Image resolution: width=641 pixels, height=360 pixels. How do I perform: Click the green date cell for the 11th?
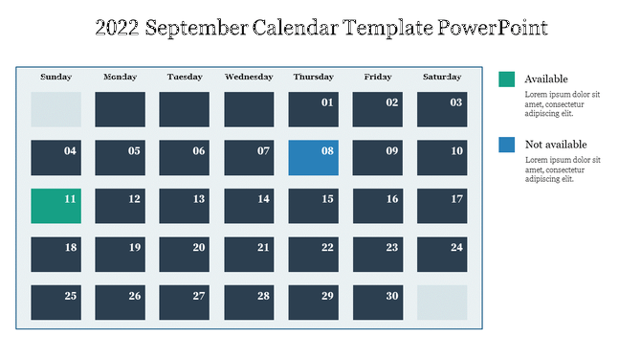(x=55, y=206)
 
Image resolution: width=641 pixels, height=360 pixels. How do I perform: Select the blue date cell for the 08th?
(x=313, y=158)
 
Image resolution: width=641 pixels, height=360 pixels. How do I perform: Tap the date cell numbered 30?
(x=377, y=303)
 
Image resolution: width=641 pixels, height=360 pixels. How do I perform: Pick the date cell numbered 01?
(x=313, y=109)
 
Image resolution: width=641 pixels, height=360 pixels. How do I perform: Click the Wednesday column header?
(x=249, y=77)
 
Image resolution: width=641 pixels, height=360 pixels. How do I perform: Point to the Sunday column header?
(x=55, y=77)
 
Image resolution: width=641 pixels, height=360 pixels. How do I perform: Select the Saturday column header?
(x=441, y=77)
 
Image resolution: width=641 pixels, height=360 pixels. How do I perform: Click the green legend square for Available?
(x=507, y=79)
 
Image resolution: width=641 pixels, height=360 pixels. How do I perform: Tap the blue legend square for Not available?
(x=507, y=145)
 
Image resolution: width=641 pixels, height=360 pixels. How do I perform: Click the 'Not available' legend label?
(x=556, y=145)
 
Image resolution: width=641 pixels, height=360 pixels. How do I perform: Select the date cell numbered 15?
(x=313, y=206)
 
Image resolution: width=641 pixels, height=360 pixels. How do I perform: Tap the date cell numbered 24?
(x=441, y=254)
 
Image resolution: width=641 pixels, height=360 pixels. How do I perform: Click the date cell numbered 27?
(x=184, y=303)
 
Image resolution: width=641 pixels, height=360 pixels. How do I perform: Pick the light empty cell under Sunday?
(x=55, y=109)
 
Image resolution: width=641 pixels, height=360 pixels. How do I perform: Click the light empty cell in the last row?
(x=441, y=303)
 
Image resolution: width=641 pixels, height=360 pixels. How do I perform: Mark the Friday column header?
(x=377, y=77)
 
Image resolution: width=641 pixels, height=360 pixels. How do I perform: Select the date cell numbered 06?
(x=184, y=158)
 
